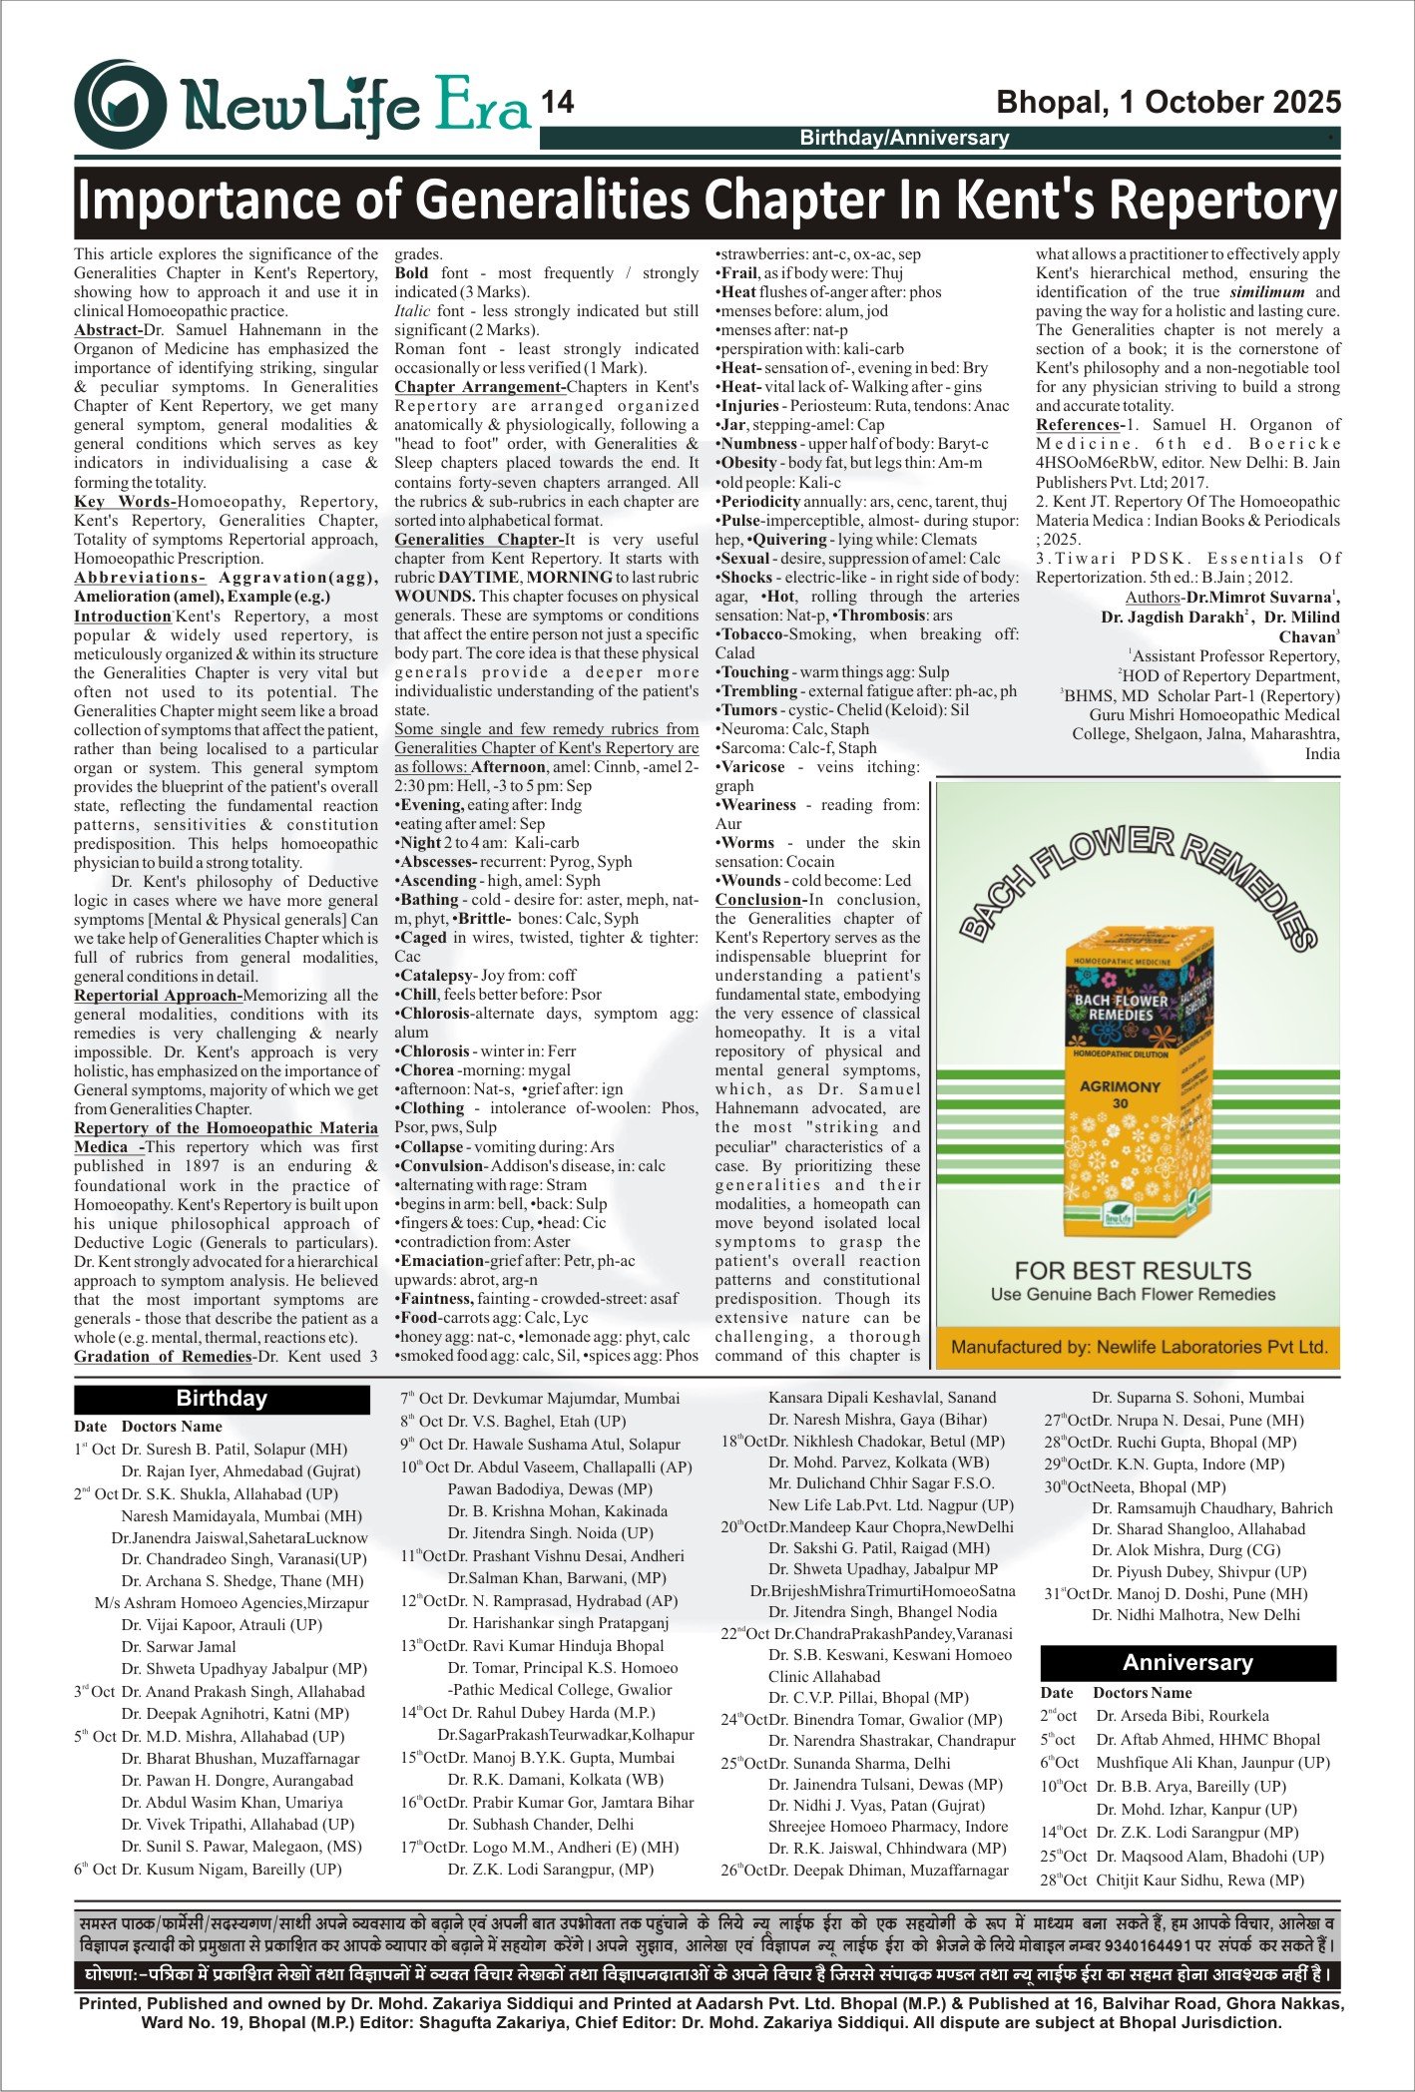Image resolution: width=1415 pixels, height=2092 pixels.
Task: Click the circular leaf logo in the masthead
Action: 121,104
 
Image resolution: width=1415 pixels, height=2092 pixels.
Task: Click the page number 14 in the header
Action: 557,104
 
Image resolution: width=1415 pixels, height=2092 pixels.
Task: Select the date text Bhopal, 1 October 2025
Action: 1169,103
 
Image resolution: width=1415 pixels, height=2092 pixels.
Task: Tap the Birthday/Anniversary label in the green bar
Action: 904,138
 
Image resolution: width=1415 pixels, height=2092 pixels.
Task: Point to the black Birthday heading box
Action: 222,1398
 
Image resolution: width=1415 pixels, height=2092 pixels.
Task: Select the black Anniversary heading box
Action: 1187,1662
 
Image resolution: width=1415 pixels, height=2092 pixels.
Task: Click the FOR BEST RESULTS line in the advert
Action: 1133,1270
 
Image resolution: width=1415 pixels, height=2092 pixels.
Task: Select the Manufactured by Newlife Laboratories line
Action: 1139,1347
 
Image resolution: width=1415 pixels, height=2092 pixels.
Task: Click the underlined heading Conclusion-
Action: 758,900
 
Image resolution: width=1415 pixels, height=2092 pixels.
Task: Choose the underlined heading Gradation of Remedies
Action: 163,1357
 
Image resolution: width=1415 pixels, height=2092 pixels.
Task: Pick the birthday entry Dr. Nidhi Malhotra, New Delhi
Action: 1195,1614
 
